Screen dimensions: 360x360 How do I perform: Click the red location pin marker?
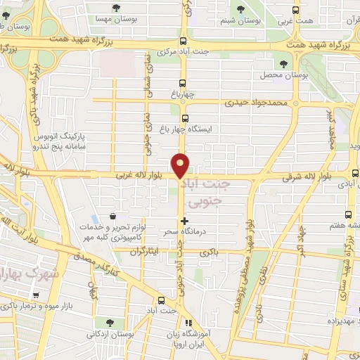[181, 165]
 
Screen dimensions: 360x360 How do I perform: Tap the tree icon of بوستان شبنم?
[242, 9]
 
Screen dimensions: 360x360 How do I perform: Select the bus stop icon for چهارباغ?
[184, 81]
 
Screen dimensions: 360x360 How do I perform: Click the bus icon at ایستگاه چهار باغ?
[185, 118]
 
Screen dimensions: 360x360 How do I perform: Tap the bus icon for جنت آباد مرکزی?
[183, 41]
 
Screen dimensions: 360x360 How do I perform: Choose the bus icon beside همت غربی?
[296, 10]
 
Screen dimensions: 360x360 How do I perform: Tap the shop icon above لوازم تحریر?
[112, 217]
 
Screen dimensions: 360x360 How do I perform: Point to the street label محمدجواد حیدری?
[257, 103]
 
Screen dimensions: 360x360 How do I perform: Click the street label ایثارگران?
[145, 251]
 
